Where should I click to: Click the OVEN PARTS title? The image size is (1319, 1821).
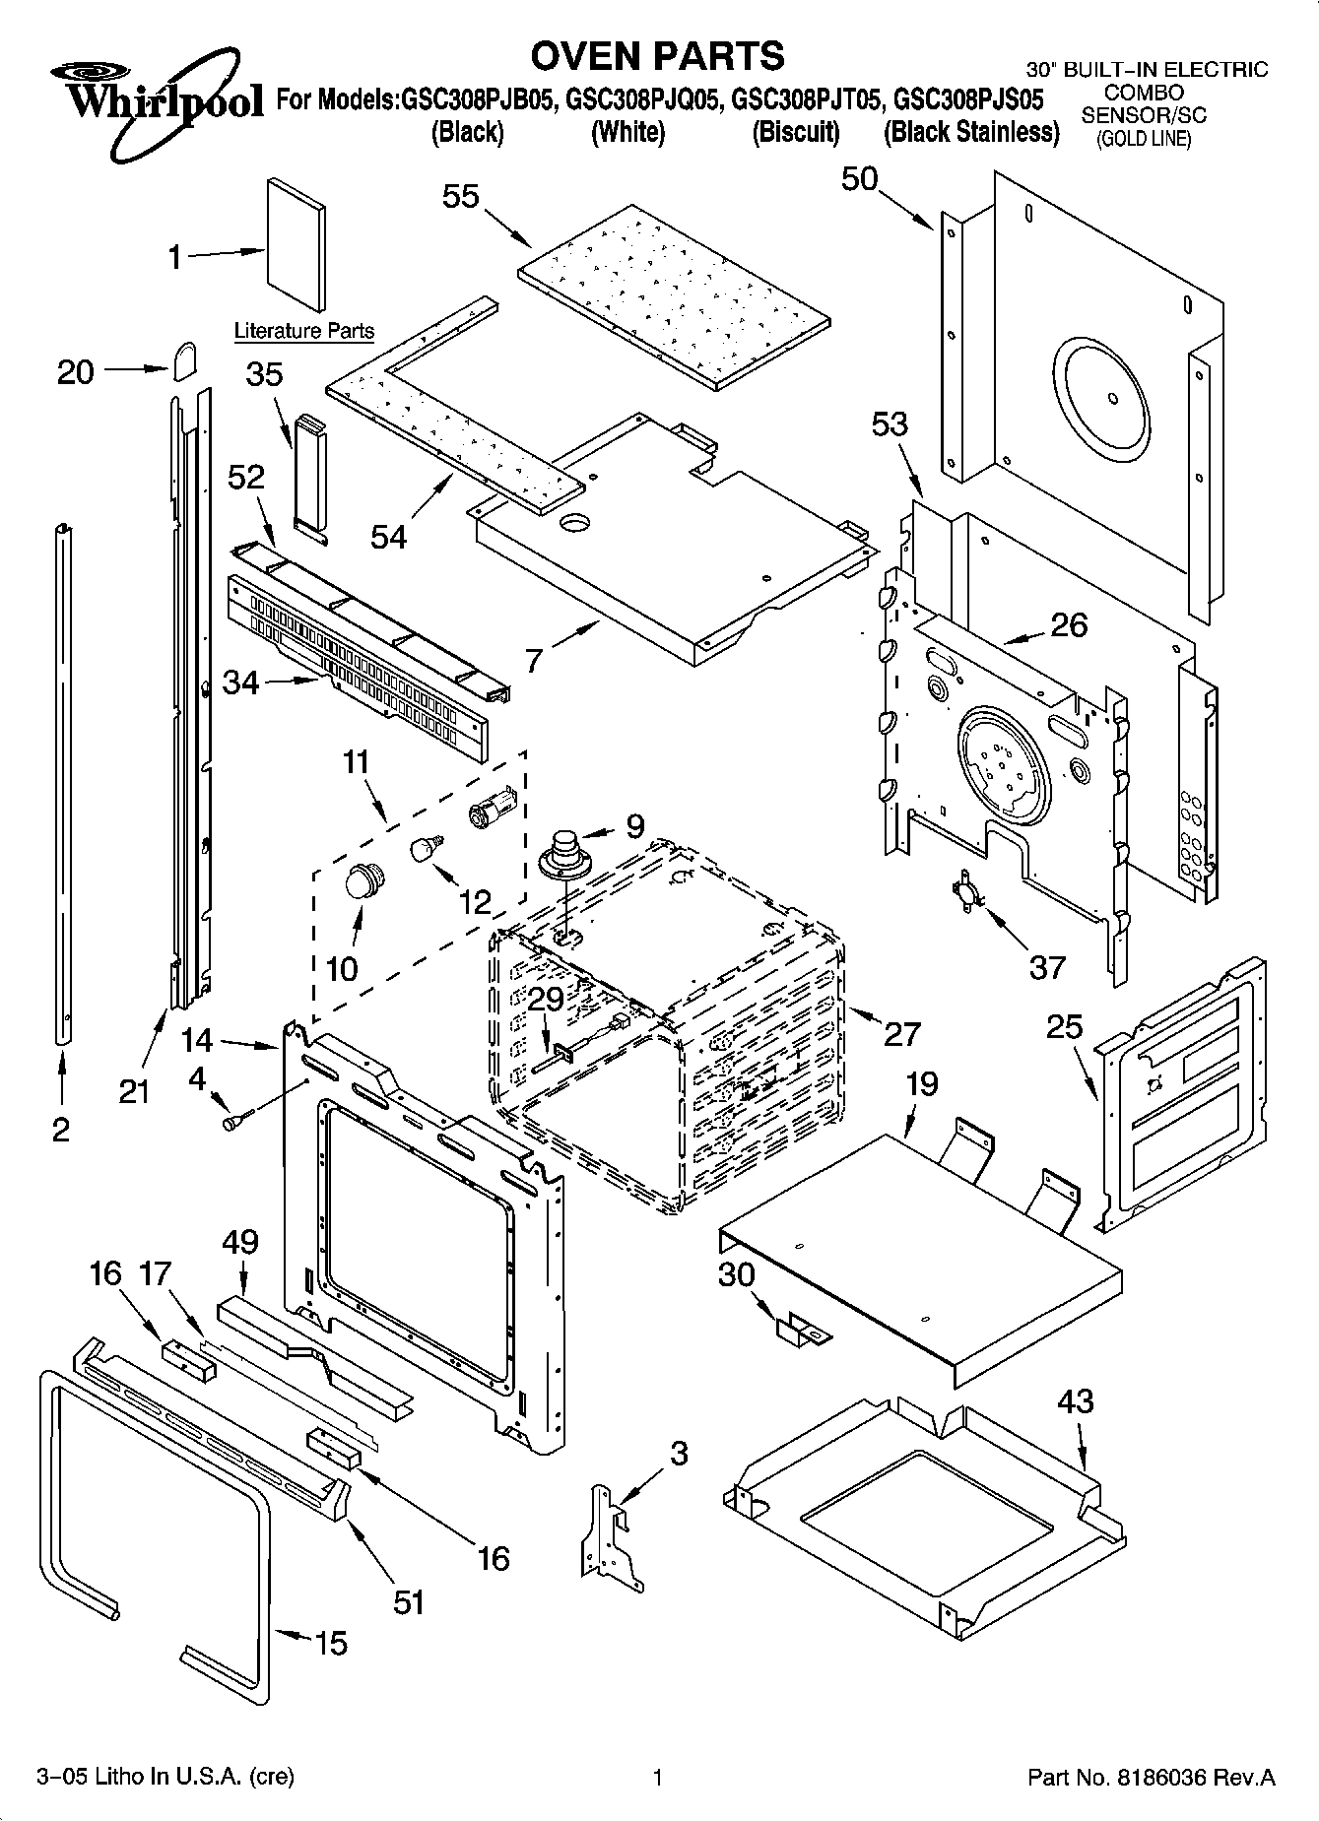pos(657,56)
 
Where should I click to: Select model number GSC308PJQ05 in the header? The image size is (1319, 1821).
pos(643,100)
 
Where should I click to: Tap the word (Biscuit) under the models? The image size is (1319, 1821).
pos(796,132)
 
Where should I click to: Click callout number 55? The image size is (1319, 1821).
pos(460,196)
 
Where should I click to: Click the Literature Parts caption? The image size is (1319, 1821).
pos(303,331)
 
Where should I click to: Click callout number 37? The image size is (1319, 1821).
pos(1047,966)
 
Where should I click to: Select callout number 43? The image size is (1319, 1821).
pos(1075,1399)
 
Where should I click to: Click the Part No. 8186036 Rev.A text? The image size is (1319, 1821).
pos(1151,1777)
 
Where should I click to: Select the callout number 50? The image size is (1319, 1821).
pos(859,178)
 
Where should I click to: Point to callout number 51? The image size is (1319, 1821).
pos(409,1601)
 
